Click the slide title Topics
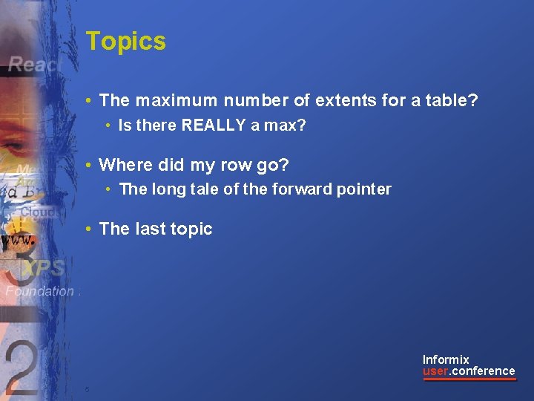(x=125, y=42)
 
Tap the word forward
(x=297, y=189)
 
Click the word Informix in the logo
(x=446, y=360)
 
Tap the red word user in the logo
(x=435, y=371)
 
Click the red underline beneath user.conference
(x=469, y=379)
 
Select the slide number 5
(x=87, y=390)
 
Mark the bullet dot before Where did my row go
(x=88, y=165)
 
